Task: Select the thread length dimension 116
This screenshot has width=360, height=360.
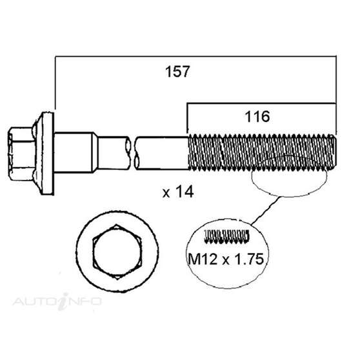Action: [257, 116]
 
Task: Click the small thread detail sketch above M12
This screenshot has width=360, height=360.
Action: [226, 237]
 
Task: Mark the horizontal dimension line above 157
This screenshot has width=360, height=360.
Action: [194, 55]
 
